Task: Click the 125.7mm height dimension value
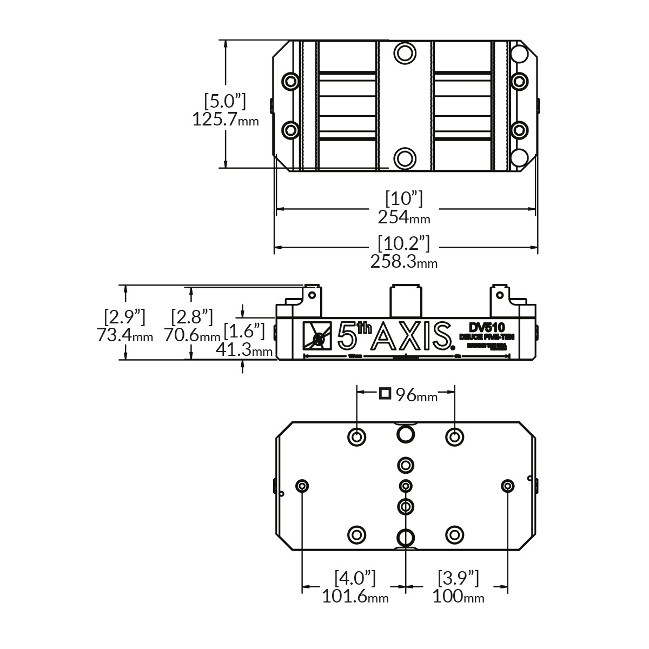pos(225,120)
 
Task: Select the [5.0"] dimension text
pos(225,101)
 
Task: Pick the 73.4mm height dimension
pos(125,335)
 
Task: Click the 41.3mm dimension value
pos(244,350)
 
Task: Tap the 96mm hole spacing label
pos(415,395)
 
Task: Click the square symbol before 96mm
pos(385,393)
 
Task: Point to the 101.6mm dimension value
pos(355,597)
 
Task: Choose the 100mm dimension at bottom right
pos(458,597)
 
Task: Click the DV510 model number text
pos(487,327)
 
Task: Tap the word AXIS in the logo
pos(414,336)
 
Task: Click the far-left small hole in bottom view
pos(302,486)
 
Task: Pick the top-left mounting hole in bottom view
pos(356,436)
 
